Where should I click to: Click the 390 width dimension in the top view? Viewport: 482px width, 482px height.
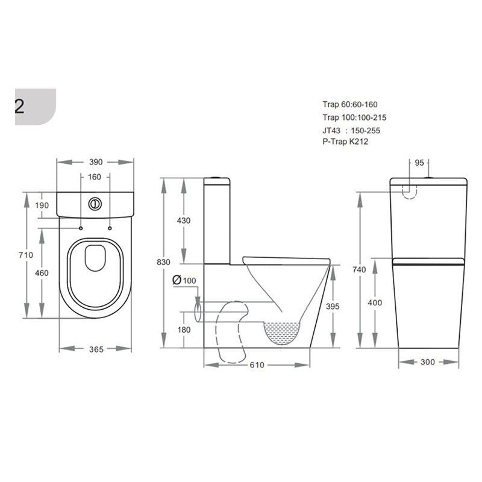(95, 162)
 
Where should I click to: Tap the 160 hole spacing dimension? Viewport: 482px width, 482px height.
(95, 177)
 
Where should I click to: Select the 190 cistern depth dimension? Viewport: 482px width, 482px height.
(42, 206)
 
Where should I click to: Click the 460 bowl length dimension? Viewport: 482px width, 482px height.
(42, 273)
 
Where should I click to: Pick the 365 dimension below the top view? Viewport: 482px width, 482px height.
(95, 349)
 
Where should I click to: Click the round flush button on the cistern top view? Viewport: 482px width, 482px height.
(95, 204)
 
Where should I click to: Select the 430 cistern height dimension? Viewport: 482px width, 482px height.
(183, 221)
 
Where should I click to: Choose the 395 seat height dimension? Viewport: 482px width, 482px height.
(332, 307)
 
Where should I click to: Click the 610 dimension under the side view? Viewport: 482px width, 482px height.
(257, 366)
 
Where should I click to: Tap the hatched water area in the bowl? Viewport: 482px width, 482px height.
(282, 332)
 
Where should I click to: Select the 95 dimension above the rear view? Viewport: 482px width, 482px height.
(421, 162)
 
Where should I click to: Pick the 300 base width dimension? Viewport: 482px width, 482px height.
(427, 362)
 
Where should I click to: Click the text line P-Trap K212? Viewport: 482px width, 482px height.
(345, 142)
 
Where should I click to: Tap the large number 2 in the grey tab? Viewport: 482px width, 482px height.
(19, 107)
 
